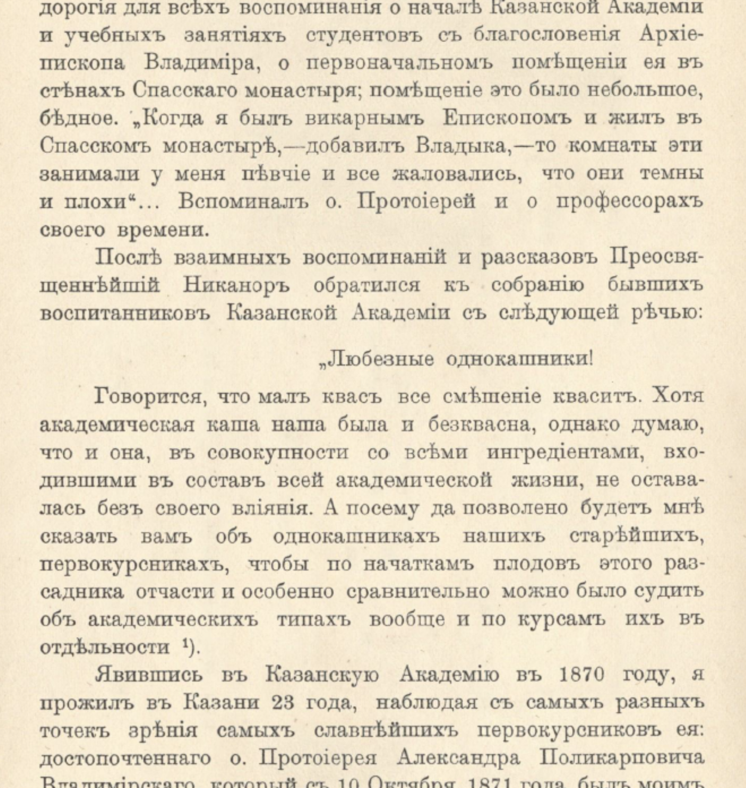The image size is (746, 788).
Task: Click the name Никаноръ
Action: click(236, 286)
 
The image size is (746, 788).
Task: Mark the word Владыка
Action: click(460, 146)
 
